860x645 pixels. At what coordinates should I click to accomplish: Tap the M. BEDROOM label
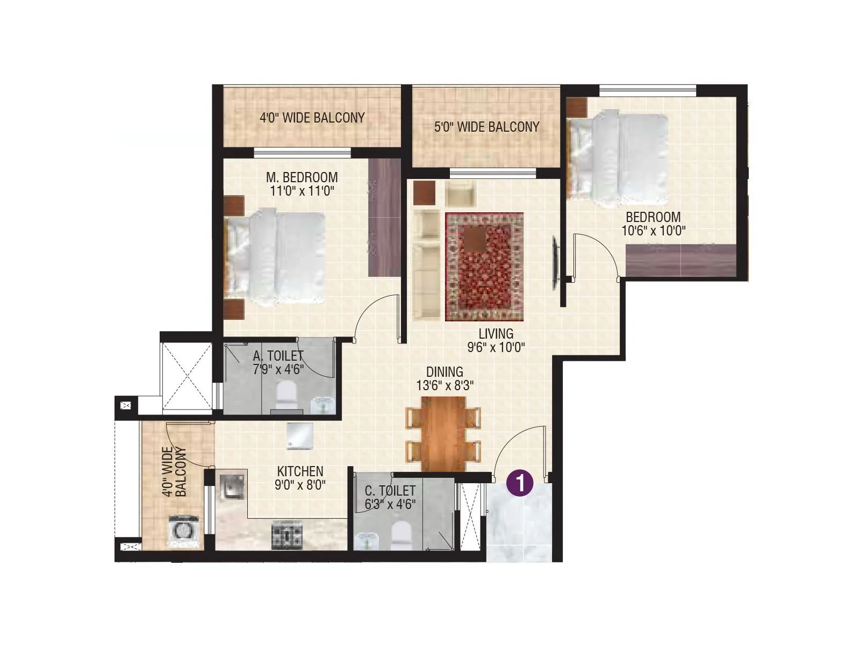pos(302,177)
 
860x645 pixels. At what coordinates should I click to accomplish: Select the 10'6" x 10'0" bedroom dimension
pos(653,231)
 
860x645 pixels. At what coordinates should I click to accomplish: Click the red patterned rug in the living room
pos(484,267)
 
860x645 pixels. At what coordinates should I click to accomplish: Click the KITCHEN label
pos(300,471)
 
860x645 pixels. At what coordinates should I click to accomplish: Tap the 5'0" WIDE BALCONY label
pos(486,127)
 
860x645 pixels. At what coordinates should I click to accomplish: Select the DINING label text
pos(445,372)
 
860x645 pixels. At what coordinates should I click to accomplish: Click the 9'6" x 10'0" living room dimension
pos(496,347)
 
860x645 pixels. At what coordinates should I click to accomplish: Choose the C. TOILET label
pos(390,491)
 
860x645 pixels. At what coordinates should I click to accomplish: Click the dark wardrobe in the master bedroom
pos(385,217)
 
